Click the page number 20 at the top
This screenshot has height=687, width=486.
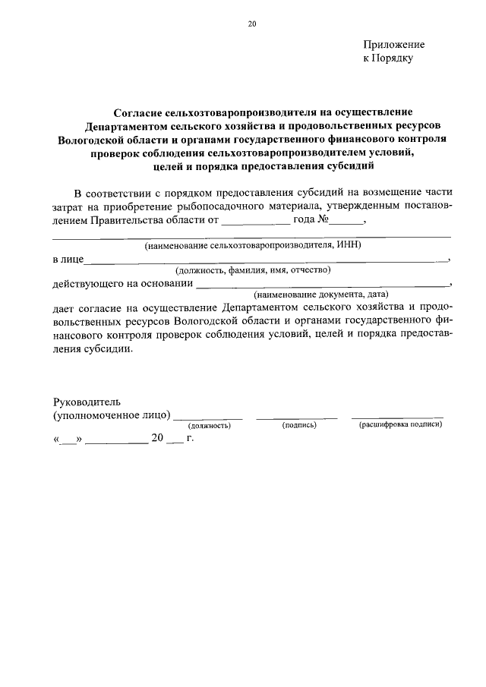[x=252, y=24]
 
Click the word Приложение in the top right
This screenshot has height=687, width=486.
[x=393, y=45]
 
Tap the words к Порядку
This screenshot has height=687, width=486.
[x=387, y=58]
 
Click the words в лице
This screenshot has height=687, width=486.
[x=67, y=260]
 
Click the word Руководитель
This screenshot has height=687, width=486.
[x=87, y=402]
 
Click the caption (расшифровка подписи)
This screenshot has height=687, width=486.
[x=400, y=424]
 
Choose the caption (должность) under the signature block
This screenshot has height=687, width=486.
[x=209, y=426]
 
